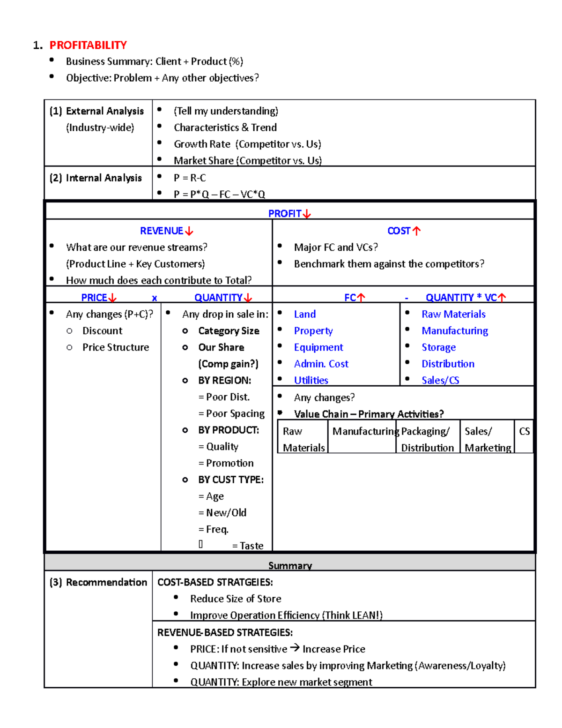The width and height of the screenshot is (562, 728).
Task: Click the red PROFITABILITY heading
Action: coord(88,45)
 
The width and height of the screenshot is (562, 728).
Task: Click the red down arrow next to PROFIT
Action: coord(307,214)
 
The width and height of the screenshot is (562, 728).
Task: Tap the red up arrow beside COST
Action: coord(416,231)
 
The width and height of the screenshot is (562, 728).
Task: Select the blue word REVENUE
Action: coord(162,231)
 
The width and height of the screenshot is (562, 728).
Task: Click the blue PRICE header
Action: coord(94,298)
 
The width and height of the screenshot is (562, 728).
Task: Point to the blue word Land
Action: coord(304,314)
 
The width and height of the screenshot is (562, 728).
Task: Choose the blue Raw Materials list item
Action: coord(453,314)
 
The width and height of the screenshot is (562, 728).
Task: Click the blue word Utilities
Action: coord(311,380)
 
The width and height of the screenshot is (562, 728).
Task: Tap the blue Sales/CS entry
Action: coord(440,380)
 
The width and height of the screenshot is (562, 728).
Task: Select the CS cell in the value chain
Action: coord(524,431)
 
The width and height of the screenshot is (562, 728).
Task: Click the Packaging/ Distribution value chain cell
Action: coord(427,439)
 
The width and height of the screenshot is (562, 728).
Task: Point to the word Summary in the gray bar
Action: coord(290,565)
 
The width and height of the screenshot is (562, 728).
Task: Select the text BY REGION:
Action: coord(224,380)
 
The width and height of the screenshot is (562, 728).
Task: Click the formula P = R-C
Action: coord(190,178)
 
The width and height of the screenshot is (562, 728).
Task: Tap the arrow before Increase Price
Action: coord(295,648)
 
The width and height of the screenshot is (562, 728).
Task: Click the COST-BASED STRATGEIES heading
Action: coord(215,582)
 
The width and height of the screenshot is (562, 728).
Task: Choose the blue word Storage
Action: coord(438,347)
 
